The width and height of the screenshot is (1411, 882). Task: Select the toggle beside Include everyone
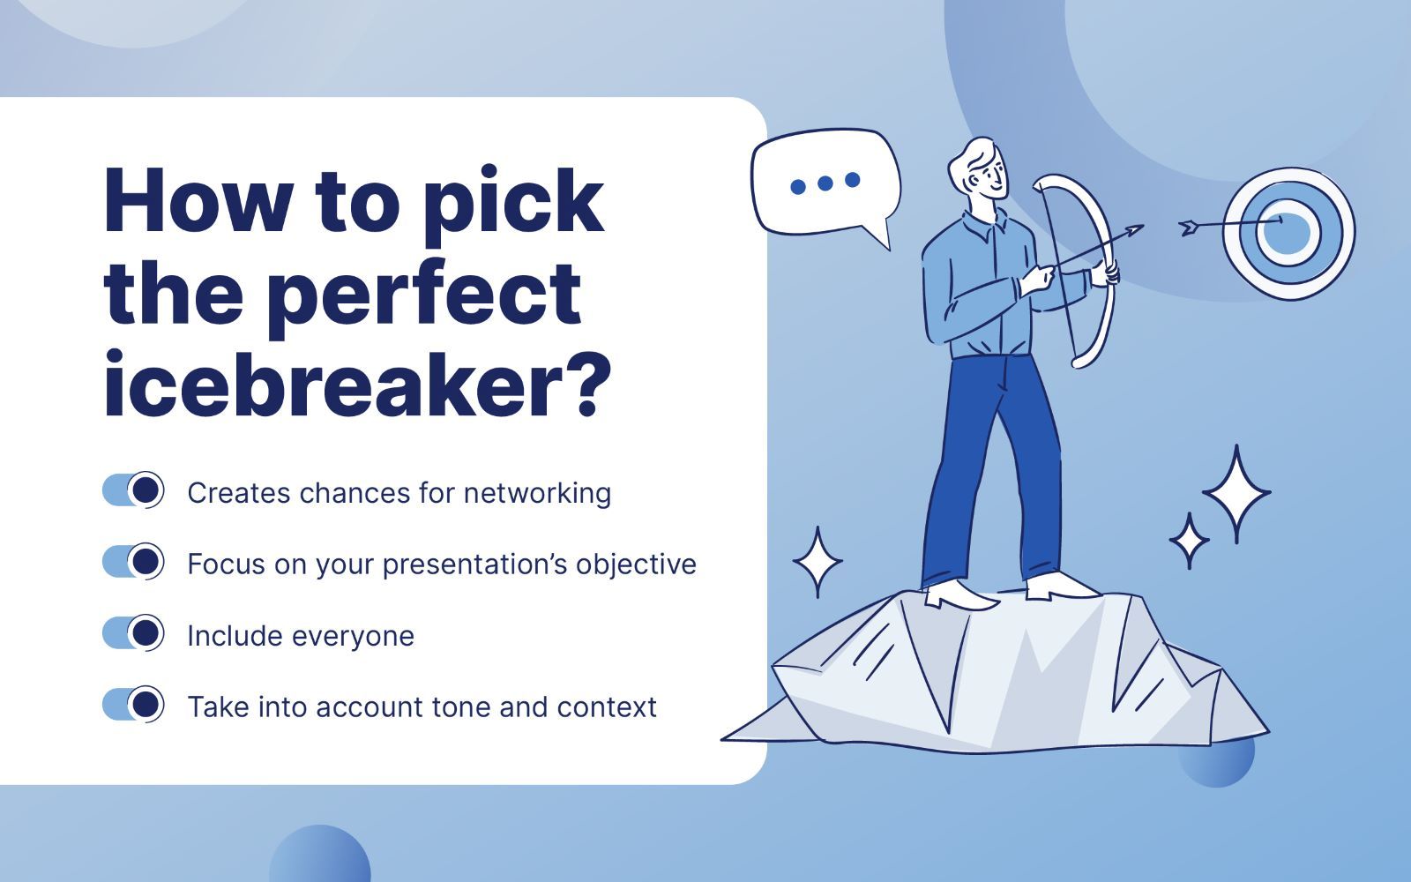(133, 633)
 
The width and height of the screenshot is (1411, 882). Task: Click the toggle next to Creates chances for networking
(133, 490)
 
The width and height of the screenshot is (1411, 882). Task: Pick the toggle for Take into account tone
(133, 705)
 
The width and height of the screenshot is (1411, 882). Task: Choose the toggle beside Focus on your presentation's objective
(133, 562)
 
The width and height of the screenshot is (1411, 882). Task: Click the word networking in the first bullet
(537, 493)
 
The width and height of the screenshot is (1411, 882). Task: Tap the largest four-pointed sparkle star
(1236, 494)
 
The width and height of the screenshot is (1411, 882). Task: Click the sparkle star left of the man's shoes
(817, 563)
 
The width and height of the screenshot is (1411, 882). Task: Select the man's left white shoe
(960, 594)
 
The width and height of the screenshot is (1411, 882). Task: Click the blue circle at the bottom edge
(319, 856)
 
